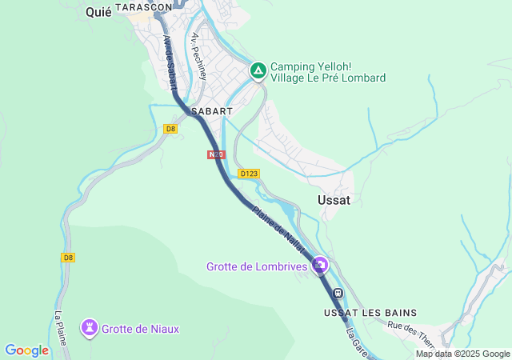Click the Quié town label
point(98,12)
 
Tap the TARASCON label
point(143,6)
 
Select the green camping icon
point(258,70)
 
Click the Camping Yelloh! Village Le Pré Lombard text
point(328,72)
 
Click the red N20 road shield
point(215,154)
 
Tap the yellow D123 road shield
point(249,174)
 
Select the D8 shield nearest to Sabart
point(170,129)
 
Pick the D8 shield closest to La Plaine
point(68,258)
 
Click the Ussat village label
point(334,200)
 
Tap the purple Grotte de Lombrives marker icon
point(321,263)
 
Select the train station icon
point(338,293)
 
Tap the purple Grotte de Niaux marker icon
point(89,327)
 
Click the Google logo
point(26,350)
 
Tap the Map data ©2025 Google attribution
point(462,354)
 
